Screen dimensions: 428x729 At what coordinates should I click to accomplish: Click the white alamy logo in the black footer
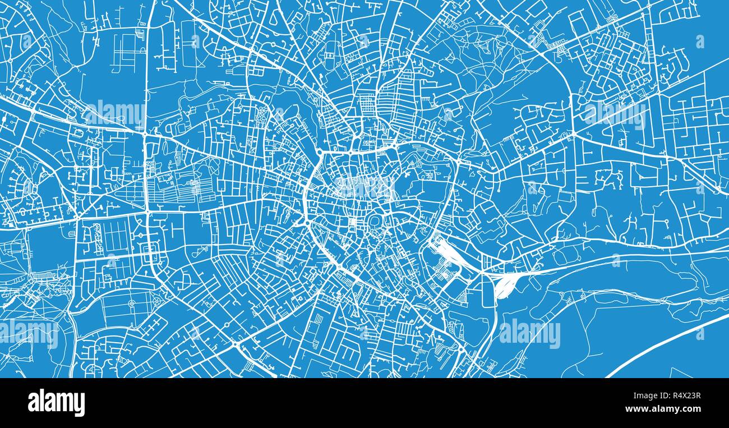coord(56,403)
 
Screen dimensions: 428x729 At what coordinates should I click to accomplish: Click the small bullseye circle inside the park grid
coord(132,303)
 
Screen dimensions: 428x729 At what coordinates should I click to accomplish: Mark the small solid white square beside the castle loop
coord(352,223)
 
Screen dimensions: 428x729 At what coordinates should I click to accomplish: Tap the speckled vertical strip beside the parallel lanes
coord(96,239)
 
